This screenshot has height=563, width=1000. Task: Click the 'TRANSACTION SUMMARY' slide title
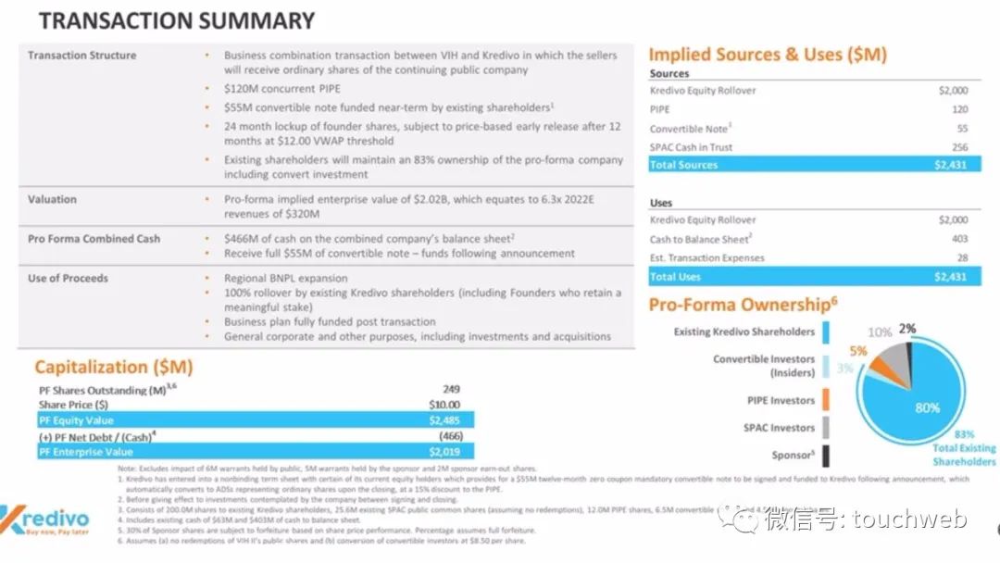177,20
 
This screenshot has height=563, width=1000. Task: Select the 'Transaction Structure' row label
81,56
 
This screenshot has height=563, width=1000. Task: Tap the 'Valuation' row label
52,199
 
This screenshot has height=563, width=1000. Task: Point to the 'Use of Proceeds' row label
68,278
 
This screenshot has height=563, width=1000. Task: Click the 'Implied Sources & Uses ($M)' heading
768,55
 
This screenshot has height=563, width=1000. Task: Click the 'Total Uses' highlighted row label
676,277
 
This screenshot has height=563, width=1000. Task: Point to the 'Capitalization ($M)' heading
114,368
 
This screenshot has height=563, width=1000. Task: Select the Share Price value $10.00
444,405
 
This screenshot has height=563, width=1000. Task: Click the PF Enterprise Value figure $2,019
444,452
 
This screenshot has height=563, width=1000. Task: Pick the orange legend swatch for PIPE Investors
825,400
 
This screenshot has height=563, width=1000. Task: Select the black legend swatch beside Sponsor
825,455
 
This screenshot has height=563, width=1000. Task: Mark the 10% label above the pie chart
879,332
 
